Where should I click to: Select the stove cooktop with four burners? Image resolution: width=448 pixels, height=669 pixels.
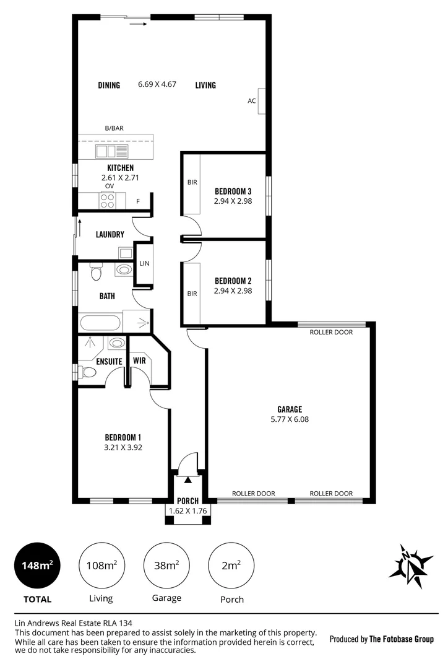(x=107, y=201)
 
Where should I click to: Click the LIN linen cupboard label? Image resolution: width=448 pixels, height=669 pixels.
(x=144, y=263)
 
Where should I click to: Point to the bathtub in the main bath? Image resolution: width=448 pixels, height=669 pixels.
(x=100, y=323)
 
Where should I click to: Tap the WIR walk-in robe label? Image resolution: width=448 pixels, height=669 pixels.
(x=139, y=360)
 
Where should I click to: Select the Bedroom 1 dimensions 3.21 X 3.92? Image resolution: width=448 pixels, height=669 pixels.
(x=123, y=447)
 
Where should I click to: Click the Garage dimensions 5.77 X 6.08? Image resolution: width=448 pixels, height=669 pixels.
(x=289, y=419)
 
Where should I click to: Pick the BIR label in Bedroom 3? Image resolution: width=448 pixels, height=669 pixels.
(x=192, y=183)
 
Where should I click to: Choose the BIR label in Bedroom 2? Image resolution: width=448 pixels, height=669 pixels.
(x=192, y=293)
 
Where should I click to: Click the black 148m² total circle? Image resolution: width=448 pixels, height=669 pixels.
(x=37, y=566)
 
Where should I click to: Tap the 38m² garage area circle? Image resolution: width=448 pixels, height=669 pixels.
(x=166, y=566)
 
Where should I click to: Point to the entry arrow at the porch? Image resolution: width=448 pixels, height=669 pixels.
(x=187, y=479)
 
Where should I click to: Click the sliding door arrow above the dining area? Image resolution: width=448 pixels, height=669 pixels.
(x=139, y=25)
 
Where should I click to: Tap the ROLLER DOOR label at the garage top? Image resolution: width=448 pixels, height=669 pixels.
(x=331, y=332)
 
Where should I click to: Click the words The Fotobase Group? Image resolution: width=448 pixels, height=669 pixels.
(x=401, y=639)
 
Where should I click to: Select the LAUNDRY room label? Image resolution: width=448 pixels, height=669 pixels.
(x=110, y=235)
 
